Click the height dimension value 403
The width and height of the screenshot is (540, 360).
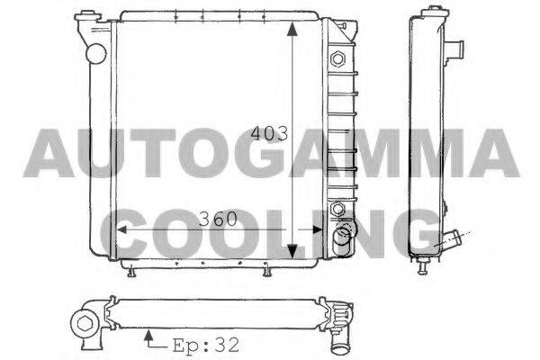[x=269, y=134]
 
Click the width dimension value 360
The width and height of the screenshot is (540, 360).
[x=219, y=219]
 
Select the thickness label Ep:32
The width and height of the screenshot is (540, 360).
[x=206, y=345]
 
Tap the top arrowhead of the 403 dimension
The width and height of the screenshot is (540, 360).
[x=292, y=29]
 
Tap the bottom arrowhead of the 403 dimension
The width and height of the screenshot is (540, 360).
[x=292, y=251]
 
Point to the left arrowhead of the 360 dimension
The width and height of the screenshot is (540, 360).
[x=121, y=229]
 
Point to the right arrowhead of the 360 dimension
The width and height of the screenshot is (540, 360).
[x=317, y=229]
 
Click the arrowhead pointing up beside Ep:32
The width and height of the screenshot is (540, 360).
[x=148, y=335]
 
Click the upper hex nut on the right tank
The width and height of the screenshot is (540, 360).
[x=337, y=58]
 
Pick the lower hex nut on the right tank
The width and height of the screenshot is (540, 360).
[x=337, y=209]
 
